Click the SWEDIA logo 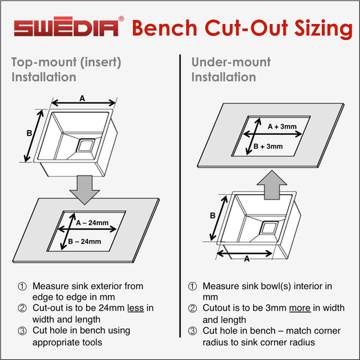pos(66,27)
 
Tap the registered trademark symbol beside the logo pos(121,19)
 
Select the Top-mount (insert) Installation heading pos(66,70)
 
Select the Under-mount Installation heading pos(231,70)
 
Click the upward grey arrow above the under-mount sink pos(272,184)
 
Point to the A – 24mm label pos(92,223)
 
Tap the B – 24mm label pos(85,242)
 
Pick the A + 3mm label pos(282,127)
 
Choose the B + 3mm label pos(268,146)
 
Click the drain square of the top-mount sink pos(85,145)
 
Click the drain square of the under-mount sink pos(268,229)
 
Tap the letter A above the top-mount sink pos(82,98)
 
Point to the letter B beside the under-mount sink pos(213,215)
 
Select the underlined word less pos(136,308)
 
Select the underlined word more pos(300,308)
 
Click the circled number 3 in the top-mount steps pos(22,331)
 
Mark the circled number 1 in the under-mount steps pos(193,286)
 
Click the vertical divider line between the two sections pos(180,196)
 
